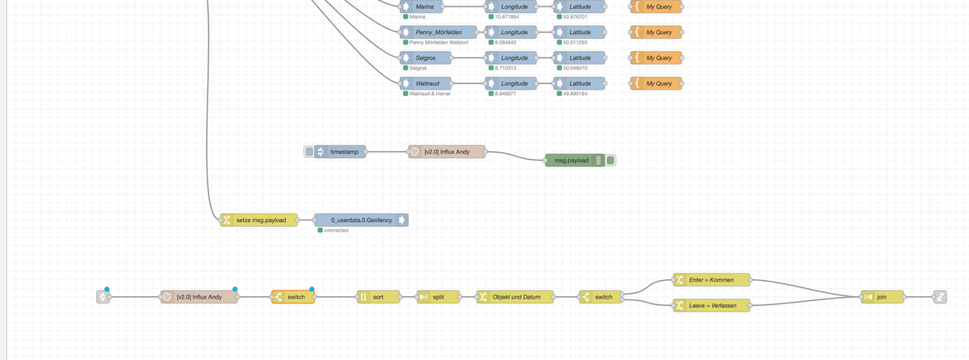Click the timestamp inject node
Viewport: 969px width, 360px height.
344,151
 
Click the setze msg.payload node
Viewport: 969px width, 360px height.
259,220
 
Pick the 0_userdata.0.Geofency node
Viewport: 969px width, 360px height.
361,220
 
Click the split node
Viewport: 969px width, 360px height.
438,297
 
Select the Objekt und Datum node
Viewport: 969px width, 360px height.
516,297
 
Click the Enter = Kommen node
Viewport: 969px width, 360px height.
711,279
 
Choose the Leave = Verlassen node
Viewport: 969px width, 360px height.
711,305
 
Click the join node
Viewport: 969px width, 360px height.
881,297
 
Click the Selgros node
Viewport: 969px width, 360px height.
426,58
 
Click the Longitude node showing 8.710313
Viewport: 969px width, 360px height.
514,58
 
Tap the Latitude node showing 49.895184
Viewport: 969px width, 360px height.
580,84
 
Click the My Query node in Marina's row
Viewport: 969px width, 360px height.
658,6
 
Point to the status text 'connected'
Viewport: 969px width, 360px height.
336,230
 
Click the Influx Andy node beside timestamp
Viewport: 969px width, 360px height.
447,151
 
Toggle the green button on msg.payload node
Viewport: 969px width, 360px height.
611,160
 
